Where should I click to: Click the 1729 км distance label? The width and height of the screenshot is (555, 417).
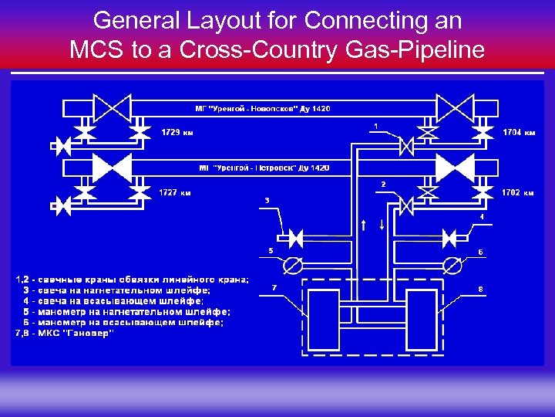tap(177, 132)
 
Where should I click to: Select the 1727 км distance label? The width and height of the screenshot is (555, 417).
tap(175, 192)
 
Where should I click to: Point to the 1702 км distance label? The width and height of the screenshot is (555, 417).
tap(518, 192)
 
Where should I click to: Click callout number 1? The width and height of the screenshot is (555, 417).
tap(375, 124)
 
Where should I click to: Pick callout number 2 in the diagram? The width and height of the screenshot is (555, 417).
tap(383, 184)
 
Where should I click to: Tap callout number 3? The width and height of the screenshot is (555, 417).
tap(267, 200)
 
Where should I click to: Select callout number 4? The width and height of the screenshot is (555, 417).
tap(482, 217)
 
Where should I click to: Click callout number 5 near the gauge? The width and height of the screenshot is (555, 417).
tap(270, 250)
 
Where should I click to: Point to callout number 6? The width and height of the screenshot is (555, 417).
tap(481, 252)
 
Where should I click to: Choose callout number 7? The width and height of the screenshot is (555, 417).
tap(274, 287)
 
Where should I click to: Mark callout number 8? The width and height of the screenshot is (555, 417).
tap(481, 289)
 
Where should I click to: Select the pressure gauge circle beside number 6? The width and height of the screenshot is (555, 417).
tap(453, 266)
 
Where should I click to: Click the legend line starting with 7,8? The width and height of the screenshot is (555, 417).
tap(65, 333)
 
